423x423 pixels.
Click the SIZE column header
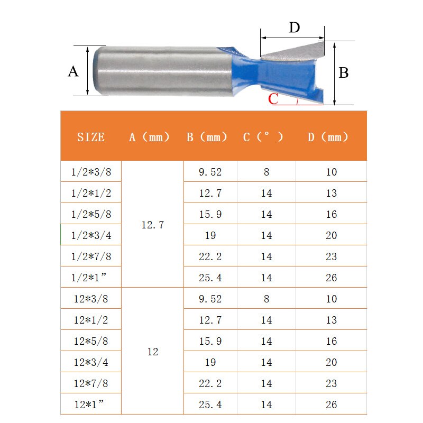tap(91, 137)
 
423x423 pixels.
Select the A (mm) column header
tap(150, 137)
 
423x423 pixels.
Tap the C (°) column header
tap(263, 137)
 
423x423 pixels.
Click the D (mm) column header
tap(328, 137)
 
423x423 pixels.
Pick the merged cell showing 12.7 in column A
tap(153, 225)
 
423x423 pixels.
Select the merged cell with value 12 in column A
tap(153, 352)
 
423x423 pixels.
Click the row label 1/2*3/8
tap(91, 172)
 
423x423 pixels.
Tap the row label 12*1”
tap(91, 404)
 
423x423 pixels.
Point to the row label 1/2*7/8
tap(91, 256)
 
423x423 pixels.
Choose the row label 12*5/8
tap(91, 341)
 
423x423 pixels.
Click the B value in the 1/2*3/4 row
tap(210, 235)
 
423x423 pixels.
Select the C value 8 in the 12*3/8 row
tap(266, 299)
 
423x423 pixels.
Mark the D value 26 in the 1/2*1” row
tap(331, 278)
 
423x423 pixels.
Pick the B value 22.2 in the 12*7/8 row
tap(210, 383)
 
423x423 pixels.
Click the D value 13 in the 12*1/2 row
tap(331, 320)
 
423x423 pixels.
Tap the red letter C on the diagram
tap(273, 99)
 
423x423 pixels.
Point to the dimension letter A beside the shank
tap(73, 71)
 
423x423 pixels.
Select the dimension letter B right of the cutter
tap(344, 73)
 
